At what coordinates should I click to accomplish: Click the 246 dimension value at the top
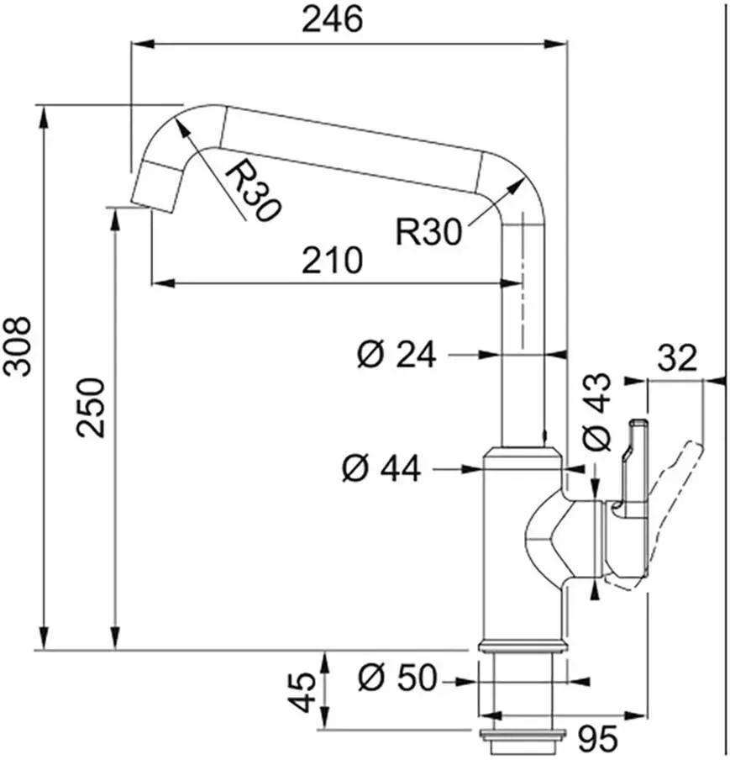pos(332,19)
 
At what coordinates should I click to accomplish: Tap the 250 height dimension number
pos(91,408)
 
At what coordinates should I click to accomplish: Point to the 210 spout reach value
pos(332,260)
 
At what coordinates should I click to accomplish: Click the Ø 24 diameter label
pos(397,354)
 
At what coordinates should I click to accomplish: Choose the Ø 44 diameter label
pos(381,468)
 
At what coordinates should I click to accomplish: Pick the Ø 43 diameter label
pos(596,412)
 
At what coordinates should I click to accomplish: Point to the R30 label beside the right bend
pos(429,232)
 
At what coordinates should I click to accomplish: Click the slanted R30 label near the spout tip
pos(253,191)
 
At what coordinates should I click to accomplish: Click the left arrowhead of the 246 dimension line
pos(143,45)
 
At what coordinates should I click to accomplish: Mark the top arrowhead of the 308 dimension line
pos(44,118)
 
